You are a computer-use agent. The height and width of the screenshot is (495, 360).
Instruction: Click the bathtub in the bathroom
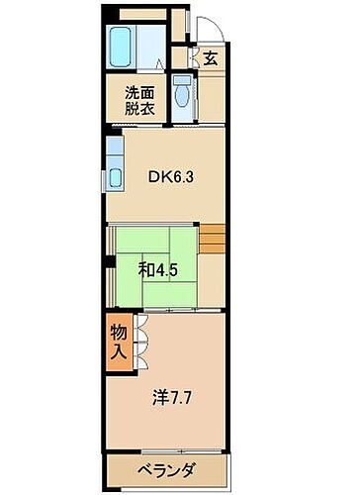point(120,46)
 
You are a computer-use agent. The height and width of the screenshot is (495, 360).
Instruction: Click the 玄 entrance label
point(210,57)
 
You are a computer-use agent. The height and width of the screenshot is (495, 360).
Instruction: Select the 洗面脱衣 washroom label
point(139,102)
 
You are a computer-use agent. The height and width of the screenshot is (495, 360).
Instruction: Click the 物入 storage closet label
point(117,342)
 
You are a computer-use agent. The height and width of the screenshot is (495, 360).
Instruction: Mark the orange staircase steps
point(213,239)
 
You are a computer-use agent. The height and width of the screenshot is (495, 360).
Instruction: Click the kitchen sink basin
point(114,178)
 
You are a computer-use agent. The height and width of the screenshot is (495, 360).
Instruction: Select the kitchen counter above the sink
point(114,150)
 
